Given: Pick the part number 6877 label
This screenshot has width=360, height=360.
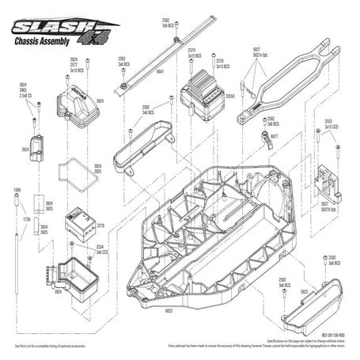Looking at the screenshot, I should (x=274, y=136).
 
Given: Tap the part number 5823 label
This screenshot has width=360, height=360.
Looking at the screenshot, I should (x=304, y=292).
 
